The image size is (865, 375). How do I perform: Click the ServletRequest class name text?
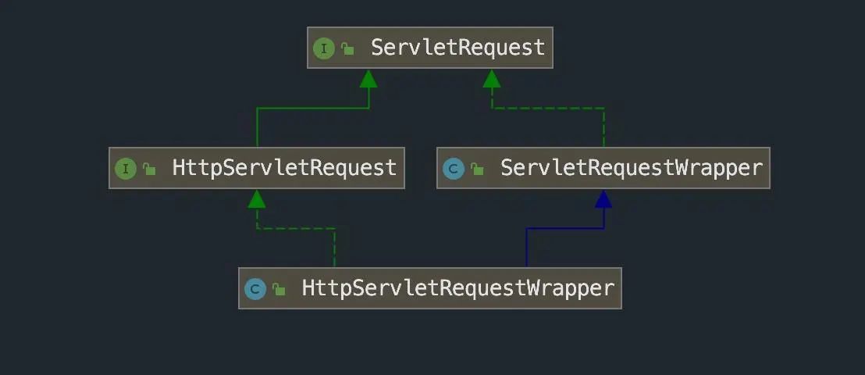point(458,48)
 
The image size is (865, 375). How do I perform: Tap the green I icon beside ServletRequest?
point(324,48)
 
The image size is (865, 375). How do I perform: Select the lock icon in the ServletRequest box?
point(347,48)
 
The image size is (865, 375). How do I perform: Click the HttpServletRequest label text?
point(284,167)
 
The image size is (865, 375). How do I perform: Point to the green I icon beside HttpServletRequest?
point(125,169)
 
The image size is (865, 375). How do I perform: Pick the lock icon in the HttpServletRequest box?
point(149,169)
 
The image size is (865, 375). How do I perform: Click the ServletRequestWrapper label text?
point(631,167)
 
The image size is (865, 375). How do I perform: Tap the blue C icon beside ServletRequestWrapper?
point(454,169)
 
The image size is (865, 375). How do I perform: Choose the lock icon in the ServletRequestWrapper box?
point(477,169)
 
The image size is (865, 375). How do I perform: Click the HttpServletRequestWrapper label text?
point(458,287)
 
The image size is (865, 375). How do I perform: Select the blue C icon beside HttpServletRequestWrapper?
point(255,289)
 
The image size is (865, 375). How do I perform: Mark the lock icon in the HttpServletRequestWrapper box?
point(279,289)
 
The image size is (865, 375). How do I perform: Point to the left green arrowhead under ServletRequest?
point(368,78)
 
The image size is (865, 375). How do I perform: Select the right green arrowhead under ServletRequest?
point(492,78)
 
